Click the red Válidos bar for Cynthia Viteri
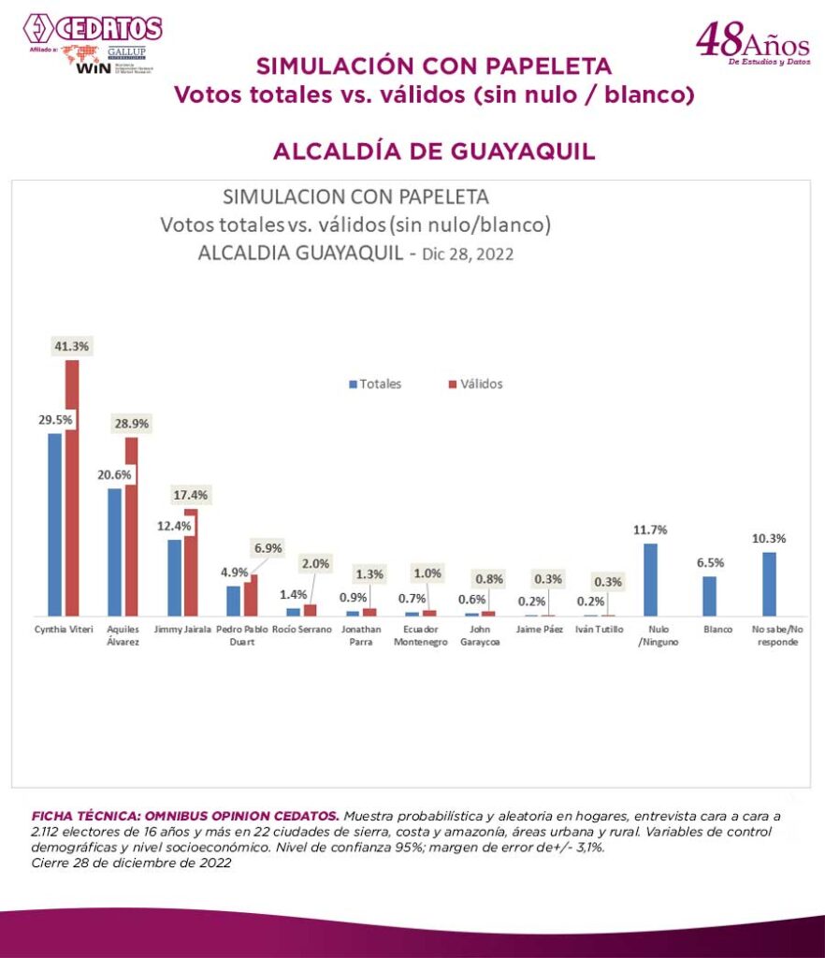72,486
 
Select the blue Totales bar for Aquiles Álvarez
114,552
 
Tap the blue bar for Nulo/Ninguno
650,579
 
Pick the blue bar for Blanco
710,596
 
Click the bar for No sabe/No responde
769,584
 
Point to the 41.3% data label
71,346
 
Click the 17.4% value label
191,494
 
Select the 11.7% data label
651,530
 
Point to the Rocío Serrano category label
301,630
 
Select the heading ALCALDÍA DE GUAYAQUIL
434,152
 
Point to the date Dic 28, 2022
470,254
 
